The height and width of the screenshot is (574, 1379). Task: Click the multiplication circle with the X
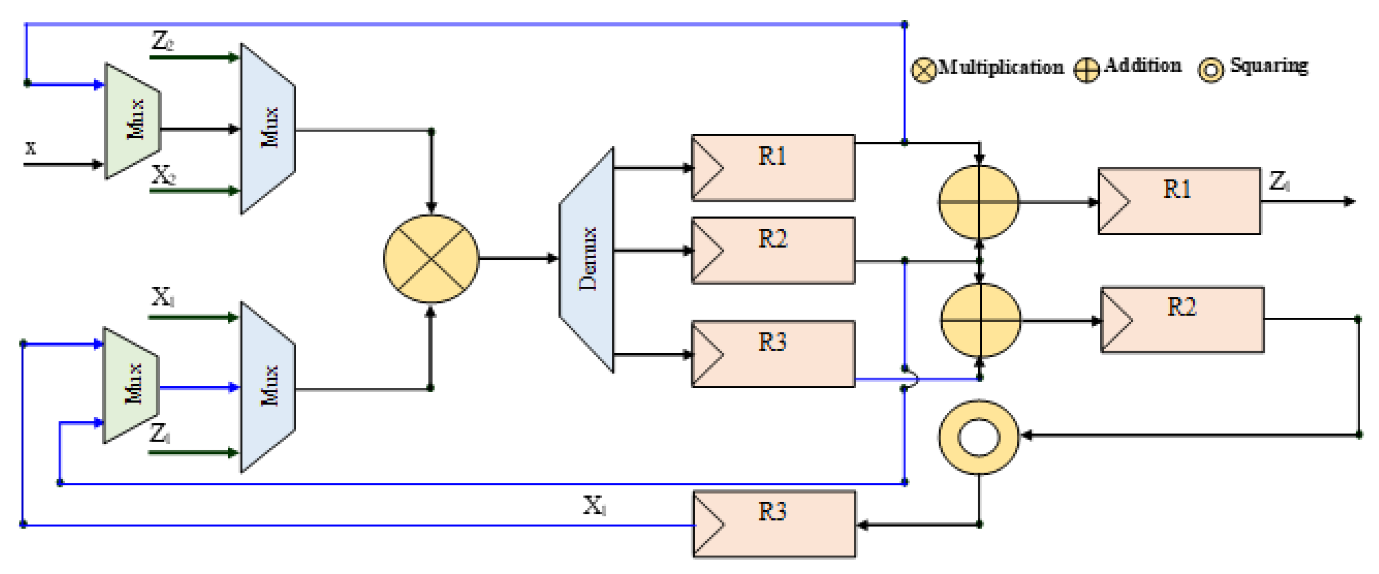(431, 259)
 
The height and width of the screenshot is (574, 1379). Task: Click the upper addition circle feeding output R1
(979, 202)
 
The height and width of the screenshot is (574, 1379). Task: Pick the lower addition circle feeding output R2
(980, 320)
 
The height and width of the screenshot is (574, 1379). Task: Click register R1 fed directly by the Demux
(773, 167)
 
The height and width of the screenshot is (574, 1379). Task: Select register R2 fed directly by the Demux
(773, 250)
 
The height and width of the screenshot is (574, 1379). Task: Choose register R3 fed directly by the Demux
(773, 353)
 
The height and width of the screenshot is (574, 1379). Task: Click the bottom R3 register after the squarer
(774, 524)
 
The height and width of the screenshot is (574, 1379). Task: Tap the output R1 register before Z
(1179, 201)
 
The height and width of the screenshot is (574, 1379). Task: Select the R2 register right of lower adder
(1182, 320)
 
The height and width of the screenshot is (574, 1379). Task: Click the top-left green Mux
(133, 120)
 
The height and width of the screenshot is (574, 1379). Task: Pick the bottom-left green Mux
(131, 385)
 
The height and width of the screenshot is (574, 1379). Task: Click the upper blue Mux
(268, 128)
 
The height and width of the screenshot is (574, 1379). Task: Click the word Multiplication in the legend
(1000, 67)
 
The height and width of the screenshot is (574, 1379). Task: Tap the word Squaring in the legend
(1268, 66)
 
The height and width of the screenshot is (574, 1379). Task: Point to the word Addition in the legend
(1142, 66)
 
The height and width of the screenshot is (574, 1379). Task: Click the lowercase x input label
(31, 147)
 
